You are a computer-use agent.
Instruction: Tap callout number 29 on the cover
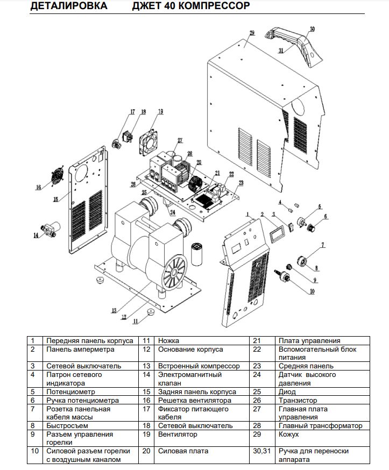pos(251,33)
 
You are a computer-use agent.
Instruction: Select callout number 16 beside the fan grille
pos(38,187)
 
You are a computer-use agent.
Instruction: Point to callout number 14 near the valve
pos(36,235)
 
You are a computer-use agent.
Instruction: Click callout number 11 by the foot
pos(136,321)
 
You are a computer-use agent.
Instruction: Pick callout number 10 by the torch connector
pos(312,291)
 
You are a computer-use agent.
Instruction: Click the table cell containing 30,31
pos(261,451)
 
